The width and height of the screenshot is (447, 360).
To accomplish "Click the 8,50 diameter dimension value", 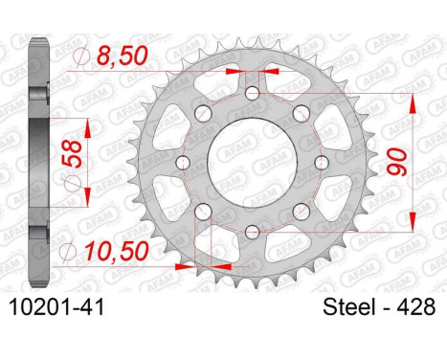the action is click(x=123, y=56).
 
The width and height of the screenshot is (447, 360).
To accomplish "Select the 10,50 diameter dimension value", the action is click(x=117, y=251).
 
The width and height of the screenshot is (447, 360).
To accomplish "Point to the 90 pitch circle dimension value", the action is click(x=397, y=162).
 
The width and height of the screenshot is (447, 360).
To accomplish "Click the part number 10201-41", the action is click(x=57, y=307).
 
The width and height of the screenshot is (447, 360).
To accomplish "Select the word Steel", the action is click(x=348, y=307).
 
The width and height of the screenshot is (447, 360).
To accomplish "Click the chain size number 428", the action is click(x=415, y=307).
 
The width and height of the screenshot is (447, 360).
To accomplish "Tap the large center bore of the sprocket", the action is click(x=252, y=163).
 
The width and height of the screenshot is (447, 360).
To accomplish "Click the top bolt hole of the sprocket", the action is click(x=253, y=94).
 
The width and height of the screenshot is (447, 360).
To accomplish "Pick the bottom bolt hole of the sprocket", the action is click(x=253, y=232).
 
